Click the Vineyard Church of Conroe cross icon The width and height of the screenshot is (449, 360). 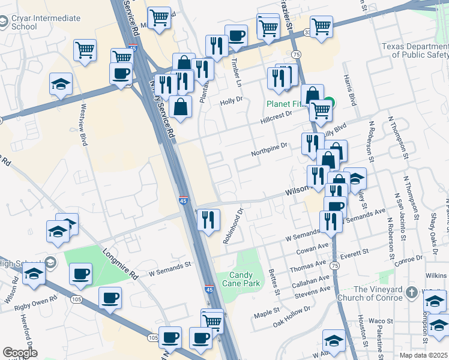coord(411,293)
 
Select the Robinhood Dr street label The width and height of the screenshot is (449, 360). coord(232,226)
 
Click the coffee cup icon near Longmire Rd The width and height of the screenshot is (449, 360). coord(80,275)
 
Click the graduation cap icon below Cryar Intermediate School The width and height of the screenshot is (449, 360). coord(61,84)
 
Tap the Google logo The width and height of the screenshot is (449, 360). coord(20,353)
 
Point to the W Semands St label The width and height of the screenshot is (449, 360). coord(169,263)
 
